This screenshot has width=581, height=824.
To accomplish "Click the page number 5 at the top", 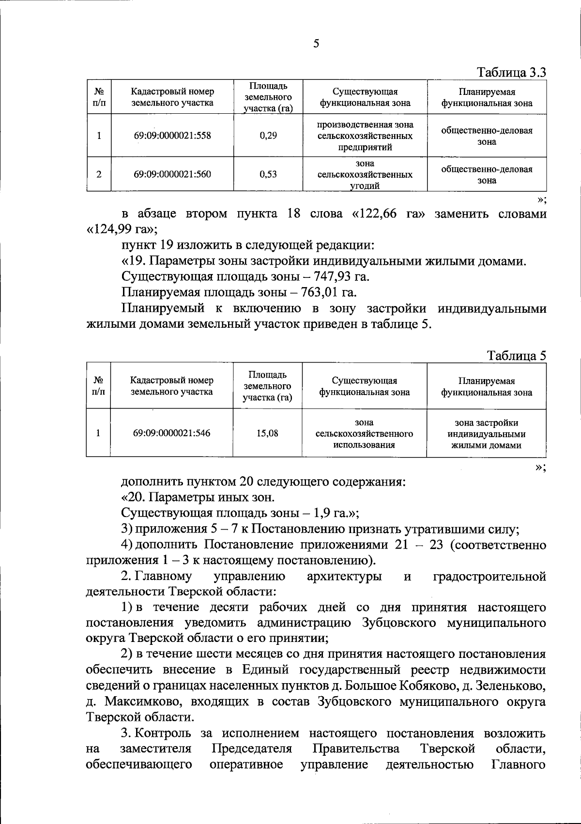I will pyautogui.click(x=316, y=44).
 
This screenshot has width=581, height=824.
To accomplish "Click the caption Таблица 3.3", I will pyautogui.click(x=512, y=73).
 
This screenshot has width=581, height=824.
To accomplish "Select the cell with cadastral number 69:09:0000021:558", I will pyautogui.click(x=172, y=136).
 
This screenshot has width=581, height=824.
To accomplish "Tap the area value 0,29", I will pyautogui.click(x=268, y=136).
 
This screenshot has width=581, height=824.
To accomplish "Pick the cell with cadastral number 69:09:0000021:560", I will pyautogui.click(x=172, y=174).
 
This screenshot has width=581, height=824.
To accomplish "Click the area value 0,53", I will pyautogui.click(x=268, y=174).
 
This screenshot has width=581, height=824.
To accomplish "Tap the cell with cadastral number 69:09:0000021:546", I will pyautogui.click(x=172, y=433).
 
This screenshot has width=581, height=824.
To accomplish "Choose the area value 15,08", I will pyautogui.click(x=267, y=433).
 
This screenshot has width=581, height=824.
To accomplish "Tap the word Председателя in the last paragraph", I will pyautogui.click(x=252, y=749).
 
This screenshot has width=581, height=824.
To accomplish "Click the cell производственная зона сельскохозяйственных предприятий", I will pyautogui.click(x=365, y=136).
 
